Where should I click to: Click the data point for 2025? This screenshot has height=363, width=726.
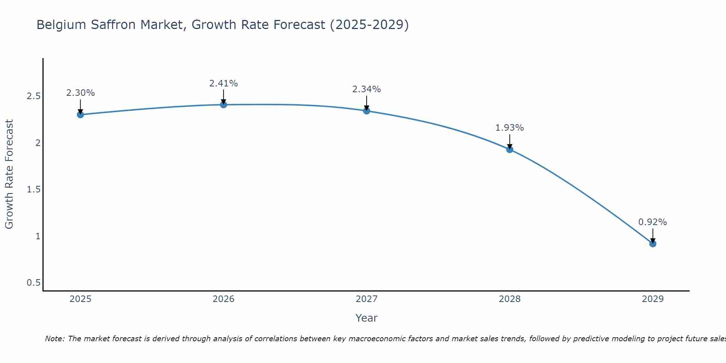(80, 115)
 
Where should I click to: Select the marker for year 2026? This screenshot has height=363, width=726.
(224, 105)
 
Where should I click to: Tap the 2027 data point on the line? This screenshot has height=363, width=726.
(367, 111)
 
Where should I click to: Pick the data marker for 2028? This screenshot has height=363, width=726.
(510, 149)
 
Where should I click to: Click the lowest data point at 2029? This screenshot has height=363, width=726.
(653, 244)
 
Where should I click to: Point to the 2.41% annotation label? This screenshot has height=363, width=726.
(224, 83)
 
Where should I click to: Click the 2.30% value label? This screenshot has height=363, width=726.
(80, 93)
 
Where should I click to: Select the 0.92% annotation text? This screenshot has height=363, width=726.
(653, 222)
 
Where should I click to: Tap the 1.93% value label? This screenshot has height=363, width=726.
(510, 128)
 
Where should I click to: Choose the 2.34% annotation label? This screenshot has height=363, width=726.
(367, 89)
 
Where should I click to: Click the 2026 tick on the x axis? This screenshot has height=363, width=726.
(224, 299)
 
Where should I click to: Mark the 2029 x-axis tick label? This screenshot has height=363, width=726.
(653, 299)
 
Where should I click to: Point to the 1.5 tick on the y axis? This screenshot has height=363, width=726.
(33, 189)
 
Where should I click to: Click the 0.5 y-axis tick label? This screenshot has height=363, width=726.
(33, 283)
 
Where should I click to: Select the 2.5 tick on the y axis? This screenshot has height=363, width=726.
(33, 96)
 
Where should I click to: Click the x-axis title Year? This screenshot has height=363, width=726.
(367, 318)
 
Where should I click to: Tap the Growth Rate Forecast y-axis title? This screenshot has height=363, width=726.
(9, 174)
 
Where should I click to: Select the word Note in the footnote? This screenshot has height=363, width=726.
(54, 339)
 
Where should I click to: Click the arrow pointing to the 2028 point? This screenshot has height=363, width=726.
(510, 142)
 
